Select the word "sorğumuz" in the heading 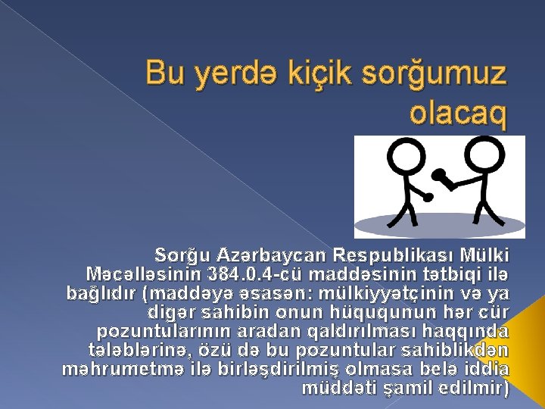point(432,75)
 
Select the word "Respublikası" point(394,253)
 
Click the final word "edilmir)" point(482,389)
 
